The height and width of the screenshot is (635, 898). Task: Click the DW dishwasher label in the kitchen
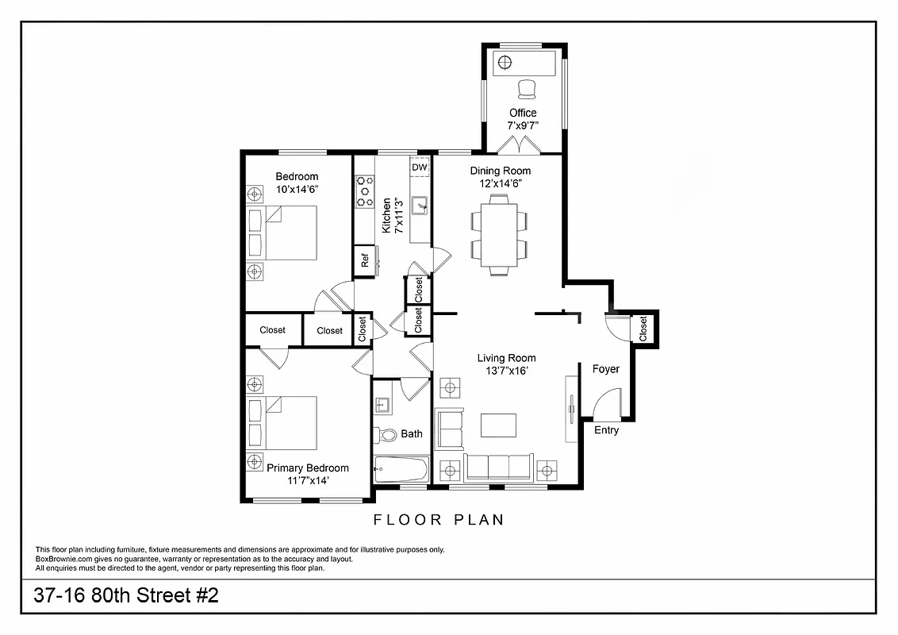point(420,167)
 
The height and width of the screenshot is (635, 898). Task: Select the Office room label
point(523,113)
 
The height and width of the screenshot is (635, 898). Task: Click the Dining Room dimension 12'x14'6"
point(500,183)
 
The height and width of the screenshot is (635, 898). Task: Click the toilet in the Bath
point(386,435)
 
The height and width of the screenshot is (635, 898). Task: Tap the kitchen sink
point(420,205)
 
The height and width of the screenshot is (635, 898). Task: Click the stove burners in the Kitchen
point(365,191)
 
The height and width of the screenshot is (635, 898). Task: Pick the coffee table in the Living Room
point(498,425)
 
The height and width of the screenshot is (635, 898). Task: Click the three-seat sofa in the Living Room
point(498,466)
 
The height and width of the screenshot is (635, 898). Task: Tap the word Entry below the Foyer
point(606,430)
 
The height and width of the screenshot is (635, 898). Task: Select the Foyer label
point(606,369)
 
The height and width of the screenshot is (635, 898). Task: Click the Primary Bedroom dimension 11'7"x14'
point(308,480)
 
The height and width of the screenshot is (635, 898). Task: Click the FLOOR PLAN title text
point(439,521)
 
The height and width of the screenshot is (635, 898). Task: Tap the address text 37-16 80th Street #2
point(126,596)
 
